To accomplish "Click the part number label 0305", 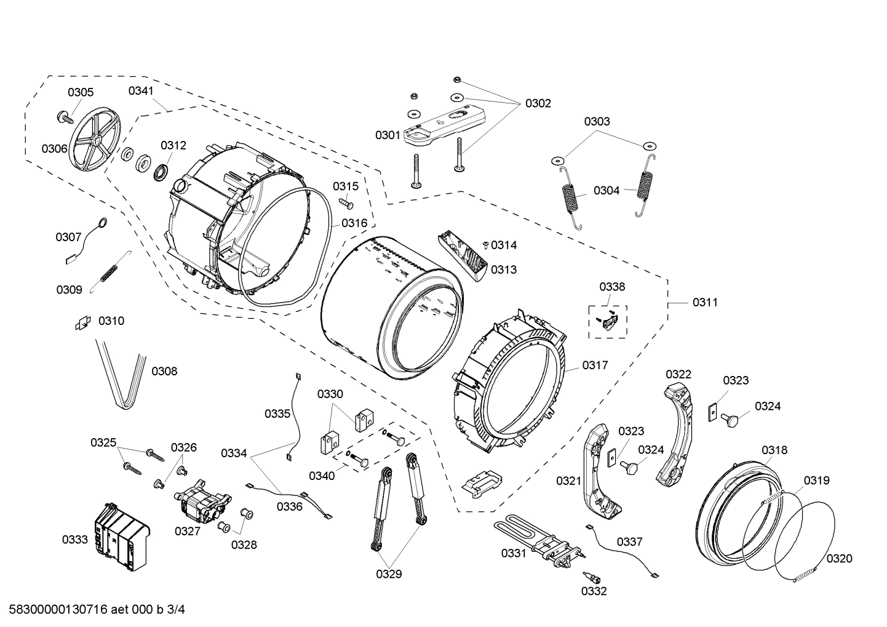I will [81, 92].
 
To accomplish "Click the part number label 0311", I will [705, 302].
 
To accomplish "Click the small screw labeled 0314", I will [485, 246].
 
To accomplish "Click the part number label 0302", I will [538, 103].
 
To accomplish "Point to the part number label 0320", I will [839, 558].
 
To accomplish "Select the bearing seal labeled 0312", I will [162, 172].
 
